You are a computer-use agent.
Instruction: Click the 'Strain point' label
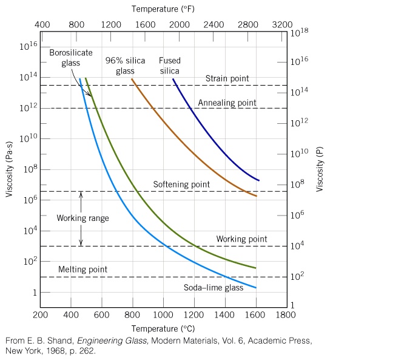pyautogui.click(x=227, y=79)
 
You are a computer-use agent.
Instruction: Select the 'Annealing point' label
pyautogui.click(x=227, y=103)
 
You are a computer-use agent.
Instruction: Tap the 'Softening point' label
pyautogui.click(x=181, y=185)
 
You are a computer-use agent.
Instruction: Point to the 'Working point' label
pyautogui.click(x=241, y=239)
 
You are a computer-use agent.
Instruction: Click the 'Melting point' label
pyautogui.click(x=82, y=269)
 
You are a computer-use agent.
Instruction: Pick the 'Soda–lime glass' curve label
pyautogui.click(x=214, y=288)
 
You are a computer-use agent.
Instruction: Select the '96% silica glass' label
pyautogui.click(x=125, y=66)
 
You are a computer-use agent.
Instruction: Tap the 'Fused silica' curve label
pyautogui.click(x=170, y=66)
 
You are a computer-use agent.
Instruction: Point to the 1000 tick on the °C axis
pyautogui.click(x=163, y=315)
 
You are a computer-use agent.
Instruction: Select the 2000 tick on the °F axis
pyautogui.click(x=180, y=24)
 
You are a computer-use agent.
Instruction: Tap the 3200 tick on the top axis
pyautogui.click(x=283, y=24)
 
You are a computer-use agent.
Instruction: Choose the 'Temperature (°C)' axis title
pyautogui.click(x=163, y=329)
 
